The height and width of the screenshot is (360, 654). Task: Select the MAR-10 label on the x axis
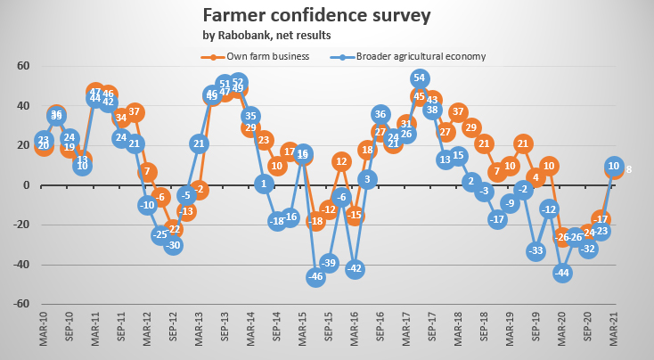[x=43, y=336]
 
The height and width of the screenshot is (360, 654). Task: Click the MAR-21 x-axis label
[x=614, y=336]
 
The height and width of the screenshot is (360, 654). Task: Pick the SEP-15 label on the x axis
[x=329, y=336]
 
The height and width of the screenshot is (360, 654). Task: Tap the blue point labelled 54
[x=420, y=79]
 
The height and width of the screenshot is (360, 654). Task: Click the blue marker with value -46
[x=315, y=276]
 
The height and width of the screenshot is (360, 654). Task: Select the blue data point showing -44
[x=562, y=273]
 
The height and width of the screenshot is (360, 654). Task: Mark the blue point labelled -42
[x=355, y=268]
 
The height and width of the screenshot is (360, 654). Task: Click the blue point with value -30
[x=173, y=245]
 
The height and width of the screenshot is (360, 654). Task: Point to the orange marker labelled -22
[x=173, y=229]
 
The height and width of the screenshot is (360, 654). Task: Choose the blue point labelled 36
[x=380, y=114]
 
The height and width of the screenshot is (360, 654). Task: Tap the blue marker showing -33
[x=536, y=251]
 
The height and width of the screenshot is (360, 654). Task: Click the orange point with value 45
[x=420, y=96]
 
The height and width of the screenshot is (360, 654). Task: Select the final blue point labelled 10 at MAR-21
[x=614, y=165]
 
